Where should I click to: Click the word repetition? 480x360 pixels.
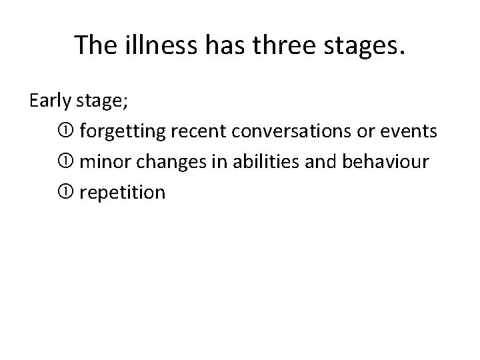point(122,193)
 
